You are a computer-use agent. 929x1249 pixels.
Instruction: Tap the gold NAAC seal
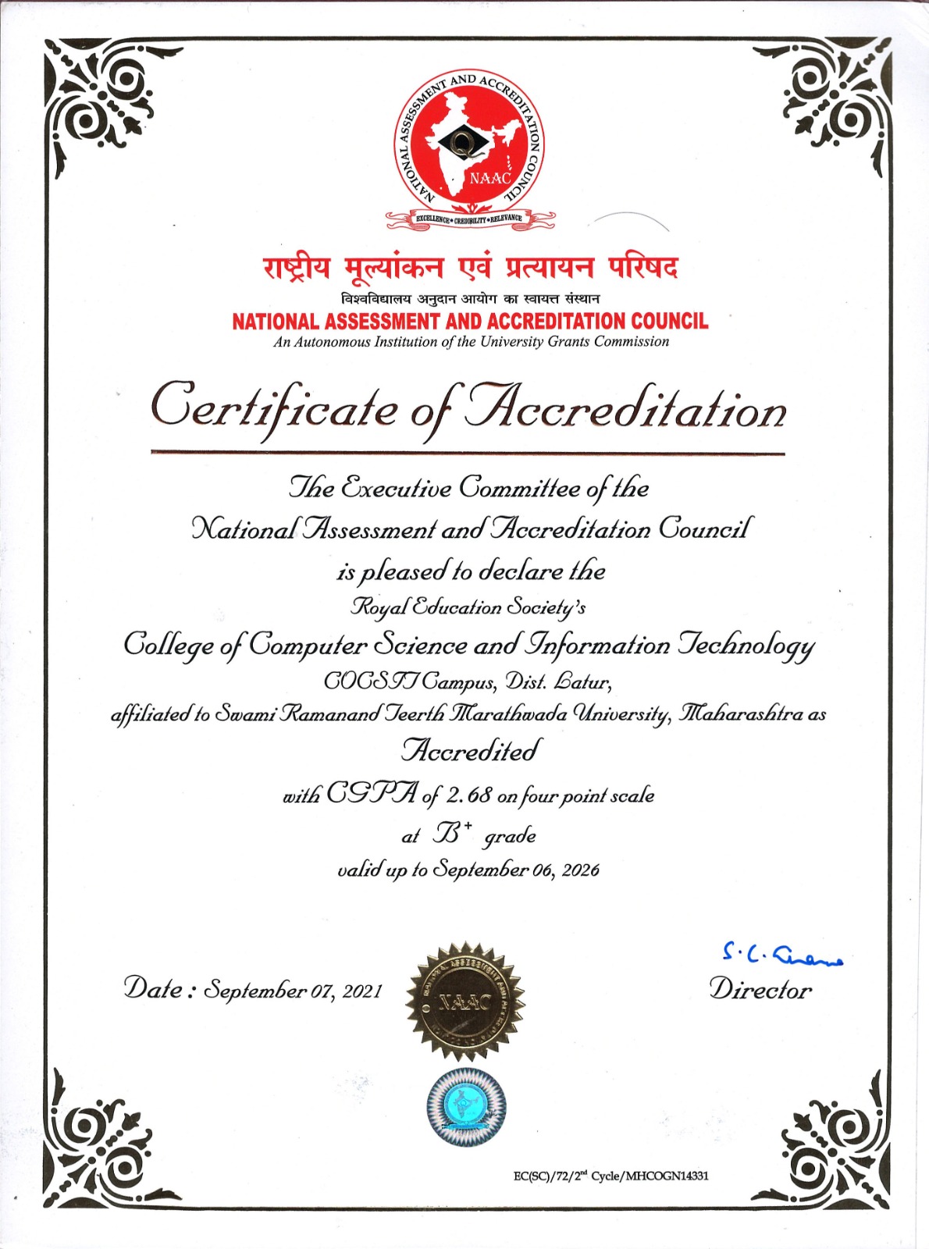pos(464,1000)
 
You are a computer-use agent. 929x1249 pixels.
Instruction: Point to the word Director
pos(760,990)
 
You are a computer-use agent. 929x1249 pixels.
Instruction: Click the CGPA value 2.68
pos(469,795)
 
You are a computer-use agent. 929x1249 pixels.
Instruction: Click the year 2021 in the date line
pos(362,991)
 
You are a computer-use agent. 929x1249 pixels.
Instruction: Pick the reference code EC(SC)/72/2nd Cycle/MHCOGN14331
pos(610,1176)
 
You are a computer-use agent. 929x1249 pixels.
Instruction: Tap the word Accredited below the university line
pos(470,751)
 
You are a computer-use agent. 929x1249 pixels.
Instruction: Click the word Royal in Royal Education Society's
pos(376,607)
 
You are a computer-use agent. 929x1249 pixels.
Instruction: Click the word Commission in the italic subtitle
pos(632,341)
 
